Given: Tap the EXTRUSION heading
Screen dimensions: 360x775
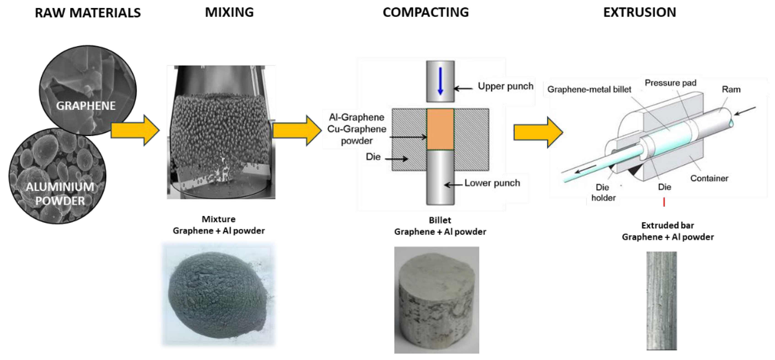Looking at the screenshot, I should pyautogui.click(x=640, y=12).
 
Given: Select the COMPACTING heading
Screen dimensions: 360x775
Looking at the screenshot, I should pyautogui.click(x=425, y=12).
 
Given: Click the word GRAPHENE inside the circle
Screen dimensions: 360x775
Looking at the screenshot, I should pyautogui.click(x=86, y=106).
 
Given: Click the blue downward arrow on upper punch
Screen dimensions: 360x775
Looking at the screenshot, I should pyautogui.click(x=440, y=81).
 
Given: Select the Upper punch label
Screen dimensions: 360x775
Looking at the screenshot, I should pyautogui.click(x=506, y=86).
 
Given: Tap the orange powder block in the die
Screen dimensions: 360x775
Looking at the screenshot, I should pyautogui.click(x=440, y=129).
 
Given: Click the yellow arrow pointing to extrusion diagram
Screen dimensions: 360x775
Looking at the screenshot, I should pyautogui.click(x=538, y=132).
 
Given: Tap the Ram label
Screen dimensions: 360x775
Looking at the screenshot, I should pyautogui.click(x=731, y=89).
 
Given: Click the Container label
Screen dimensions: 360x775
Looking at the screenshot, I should pyautogui.click(x=709, y=178).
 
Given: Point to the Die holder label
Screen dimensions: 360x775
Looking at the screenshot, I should pyautogui.click(x=603, y=193).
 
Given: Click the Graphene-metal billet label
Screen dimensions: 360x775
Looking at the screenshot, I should pyautogui.click(x=589, y=89).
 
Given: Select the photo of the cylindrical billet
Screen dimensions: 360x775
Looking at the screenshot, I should pyautogui.click(x=436, y=300).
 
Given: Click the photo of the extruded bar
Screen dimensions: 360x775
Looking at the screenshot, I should pyautogui.click(x=662, y=301).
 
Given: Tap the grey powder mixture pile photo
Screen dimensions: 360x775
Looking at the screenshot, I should pyautogui.click(x=218, y=295).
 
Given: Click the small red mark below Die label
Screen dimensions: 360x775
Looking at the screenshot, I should pyautogui.click(x=664, y=202).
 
